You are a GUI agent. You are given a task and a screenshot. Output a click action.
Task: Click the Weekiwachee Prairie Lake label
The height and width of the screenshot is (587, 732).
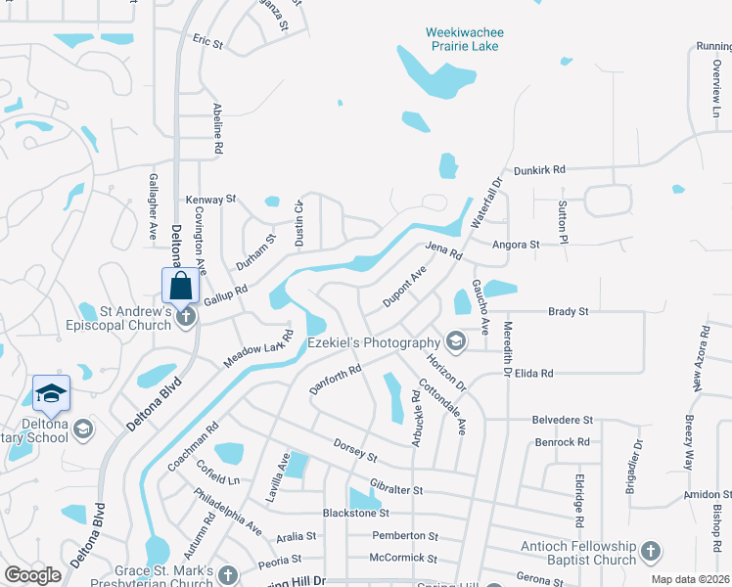pos(463,39)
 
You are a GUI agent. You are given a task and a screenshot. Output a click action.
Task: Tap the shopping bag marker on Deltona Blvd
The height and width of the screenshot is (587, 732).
pos(181,287)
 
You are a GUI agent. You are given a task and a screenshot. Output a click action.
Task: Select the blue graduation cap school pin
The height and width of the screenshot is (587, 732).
pos(51,394)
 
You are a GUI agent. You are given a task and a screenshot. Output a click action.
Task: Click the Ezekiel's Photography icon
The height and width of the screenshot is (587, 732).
pos(454,342)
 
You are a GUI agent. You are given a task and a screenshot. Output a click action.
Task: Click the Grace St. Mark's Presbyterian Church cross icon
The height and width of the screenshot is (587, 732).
pos(228,574)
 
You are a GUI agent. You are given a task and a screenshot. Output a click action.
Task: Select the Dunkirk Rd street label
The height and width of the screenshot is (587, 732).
pos(540,169)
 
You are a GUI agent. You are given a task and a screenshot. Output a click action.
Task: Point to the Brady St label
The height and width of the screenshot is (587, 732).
pos(568,311)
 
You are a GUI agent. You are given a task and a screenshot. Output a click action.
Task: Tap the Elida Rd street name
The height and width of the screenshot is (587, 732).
pos(534,373)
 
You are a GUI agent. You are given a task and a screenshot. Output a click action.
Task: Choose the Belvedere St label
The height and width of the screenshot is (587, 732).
pos(563,419)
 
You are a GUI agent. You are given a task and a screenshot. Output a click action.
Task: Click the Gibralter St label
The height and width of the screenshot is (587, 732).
pos(396,488)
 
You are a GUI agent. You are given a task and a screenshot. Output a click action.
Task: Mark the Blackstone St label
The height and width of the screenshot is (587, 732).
pos(356,513)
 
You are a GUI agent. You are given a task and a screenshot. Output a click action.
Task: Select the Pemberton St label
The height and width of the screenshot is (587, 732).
pos(405,535)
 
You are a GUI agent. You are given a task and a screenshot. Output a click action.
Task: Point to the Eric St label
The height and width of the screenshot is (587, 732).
pos(208,43)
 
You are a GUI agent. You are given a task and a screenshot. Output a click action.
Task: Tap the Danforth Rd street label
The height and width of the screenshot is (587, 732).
pos(336,378)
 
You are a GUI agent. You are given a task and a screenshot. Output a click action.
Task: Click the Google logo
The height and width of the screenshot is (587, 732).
pos(32,575)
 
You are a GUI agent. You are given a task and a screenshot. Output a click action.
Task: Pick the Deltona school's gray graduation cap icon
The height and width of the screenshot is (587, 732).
pos(83,429)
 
